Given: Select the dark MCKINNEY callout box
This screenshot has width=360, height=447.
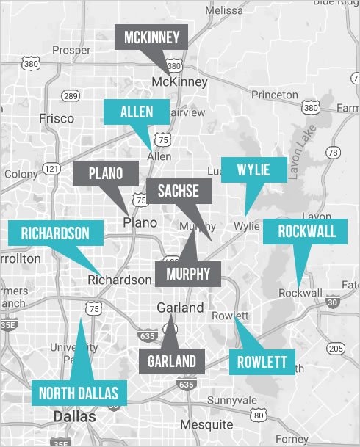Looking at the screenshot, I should point(151,37).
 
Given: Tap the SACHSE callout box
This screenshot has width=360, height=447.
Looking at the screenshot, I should point(179,191).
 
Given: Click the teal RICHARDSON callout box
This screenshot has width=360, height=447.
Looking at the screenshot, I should point(55,234).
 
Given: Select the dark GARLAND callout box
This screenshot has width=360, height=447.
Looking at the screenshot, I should point(171,361).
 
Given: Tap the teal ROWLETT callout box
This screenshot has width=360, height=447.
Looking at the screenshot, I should point(262,362).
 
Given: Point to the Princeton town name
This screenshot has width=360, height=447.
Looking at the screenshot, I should point(275,95).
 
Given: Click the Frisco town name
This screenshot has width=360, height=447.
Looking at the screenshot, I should point(57,118).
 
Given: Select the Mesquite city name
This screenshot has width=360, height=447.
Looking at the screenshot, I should point(206,425).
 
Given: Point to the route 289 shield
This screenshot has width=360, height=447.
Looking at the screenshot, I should point(71,96).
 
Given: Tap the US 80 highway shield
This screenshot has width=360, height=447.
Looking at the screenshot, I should point(258,416).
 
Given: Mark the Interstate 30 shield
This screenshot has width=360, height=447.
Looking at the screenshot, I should point(332,301).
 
